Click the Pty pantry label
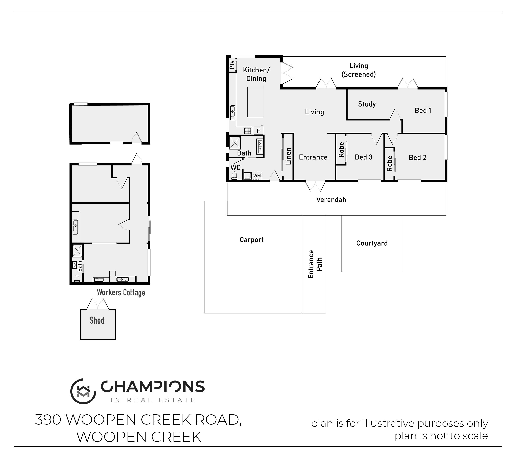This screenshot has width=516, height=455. (232, 65)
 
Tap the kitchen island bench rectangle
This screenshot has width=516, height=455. (255, 102)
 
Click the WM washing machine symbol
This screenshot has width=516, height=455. (257, 176)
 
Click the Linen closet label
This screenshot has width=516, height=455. (288, 156)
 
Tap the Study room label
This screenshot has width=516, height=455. (367, 104)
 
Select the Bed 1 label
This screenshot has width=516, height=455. (423, 110)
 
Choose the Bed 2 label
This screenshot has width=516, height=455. (418, 158)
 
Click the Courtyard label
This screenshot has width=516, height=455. (372, 243)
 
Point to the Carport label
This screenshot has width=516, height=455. (251, 240)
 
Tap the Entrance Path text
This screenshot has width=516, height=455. (315, 264)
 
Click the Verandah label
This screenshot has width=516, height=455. (331, 200)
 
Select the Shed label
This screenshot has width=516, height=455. (97, 321)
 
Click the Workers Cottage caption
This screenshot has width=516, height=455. (121, 292)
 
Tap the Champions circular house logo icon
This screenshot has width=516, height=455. (83, 391)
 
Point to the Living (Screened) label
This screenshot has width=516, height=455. (359, 70)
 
